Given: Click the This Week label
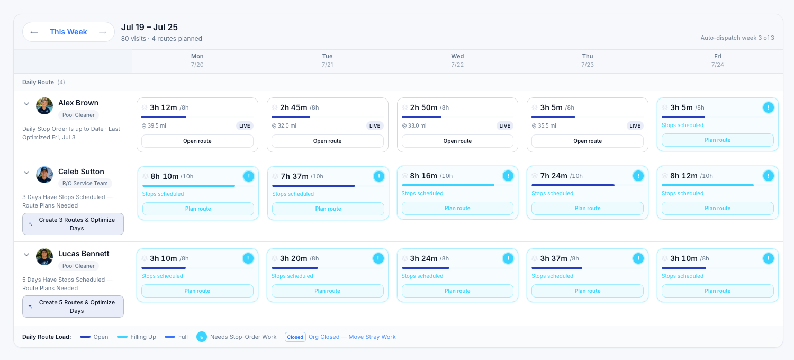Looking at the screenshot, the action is pos(68,32).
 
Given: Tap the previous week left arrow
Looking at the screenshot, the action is pos(34,32).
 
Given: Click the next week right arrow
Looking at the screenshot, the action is pos(103,32).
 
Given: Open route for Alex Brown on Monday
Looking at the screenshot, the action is pos(197,141).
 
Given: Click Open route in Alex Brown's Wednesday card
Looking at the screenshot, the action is pos(457,141).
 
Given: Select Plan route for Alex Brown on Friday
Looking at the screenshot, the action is pos(717,140).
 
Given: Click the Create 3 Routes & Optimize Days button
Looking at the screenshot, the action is pos(73,224).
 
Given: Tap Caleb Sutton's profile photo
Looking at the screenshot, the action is pos(44,175).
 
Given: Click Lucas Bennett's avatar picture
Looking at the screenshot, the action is pos(44,257).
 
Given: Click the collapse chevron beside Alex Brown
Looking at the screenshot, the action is pos(26,104).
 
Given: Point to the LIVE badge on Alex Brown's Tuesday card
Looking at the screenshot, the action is pos(375,125).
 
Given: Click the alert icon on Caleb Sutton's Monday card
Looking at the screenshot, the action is pos(249,176).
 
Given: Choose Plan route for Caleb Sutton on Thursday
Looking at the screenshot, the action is pos(588,208).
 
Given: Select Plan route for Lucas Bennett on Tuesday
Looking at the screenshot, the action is pos(327,291).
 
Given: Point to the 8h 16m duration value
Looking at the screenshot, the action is pos(423,176).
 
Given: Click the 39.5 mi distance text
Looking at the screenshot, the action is pos(157,125).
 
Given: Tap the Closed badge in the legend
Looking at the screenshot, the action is pos(295,337).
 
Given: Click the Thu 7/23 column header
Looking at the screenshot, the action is pos(588,60).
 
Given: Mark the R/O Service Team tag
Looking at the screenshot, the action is pos(85,183).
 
